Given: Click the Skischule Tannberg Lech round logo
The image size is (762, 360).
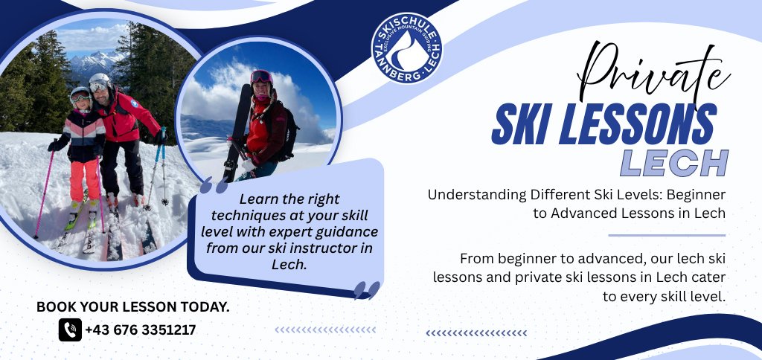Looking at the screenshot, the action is [406, 48].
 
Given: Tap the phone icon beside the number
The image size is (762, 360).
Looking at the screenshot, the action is [70, 330].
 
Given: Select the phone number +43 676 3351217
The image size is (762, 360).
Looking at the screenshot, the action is [141, 330].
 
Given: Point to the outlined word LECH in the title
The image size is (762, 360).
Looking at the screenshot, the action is [674, 163].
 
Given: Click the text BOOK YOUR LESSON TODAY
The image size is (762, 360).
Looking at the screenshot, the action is [132, 306].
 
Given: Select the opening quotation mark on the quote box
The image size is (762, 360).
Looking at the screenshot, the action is [214, 186].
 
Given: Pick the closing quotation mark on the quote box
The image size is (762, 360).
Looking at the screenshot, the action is [367, 290].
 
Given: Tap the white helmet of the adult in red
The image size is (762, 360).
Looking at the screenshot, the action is [100, 80].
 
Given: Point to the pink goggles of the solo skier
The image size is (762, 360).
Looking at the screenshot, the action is [261, 77].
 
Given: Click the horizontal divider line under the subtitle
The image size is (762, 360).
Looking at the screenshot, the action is [667, 235].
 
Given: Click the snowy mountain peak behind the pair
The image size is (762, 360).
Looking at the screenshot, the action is [94, 61].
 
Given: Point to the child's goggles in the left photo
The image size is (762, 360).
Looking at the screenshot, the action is [80, 96].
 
